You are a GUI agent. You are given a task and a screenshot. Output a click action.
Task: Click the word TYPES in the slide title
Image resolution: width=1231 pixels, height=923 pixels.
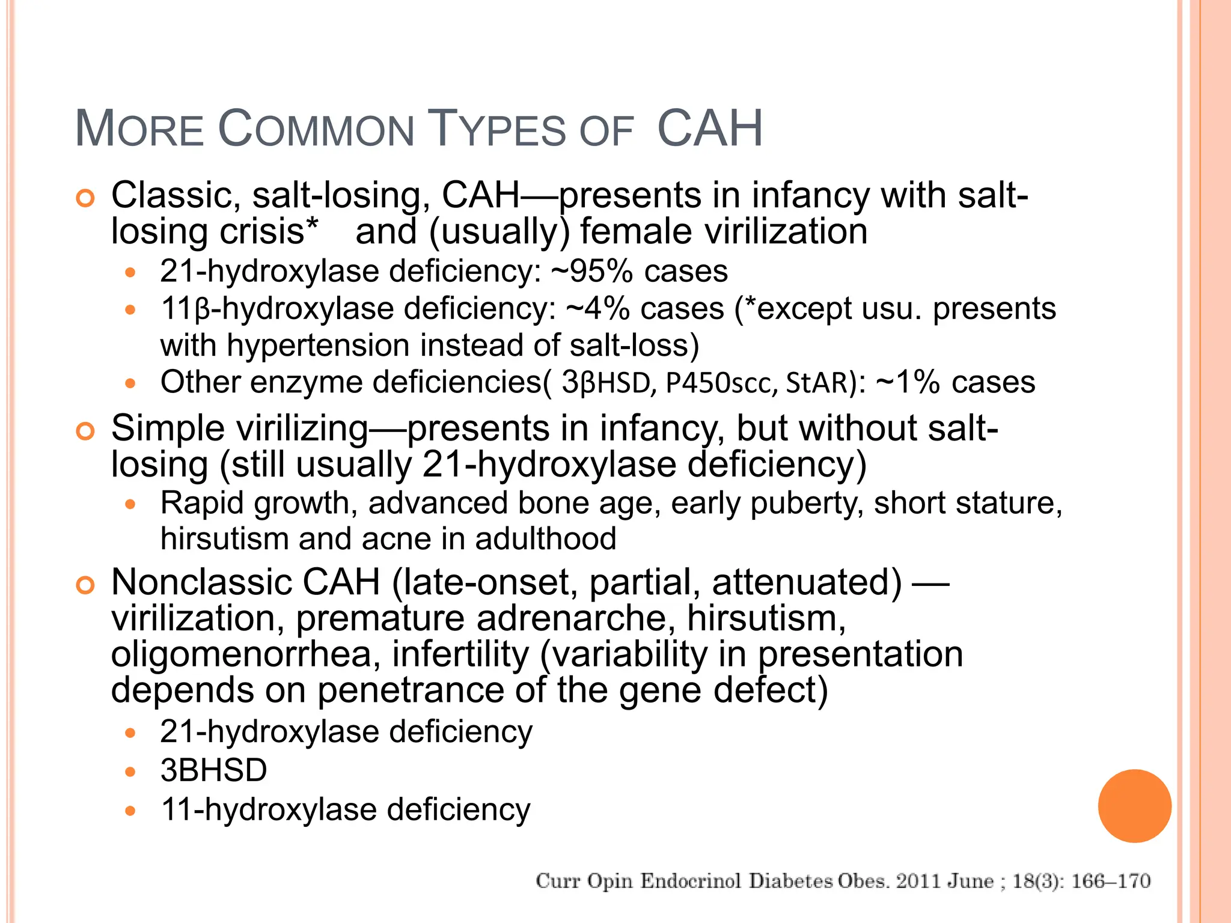[x=498, y=129]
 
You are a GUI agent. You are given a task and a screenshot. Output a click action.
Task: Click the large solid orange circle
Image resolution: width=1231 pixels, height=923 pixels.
[x=1134, y=806]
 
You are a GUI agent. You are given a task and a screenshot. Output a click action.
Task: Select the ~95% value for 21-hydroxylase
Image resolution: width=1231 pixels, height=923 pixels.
[x=591, y=271]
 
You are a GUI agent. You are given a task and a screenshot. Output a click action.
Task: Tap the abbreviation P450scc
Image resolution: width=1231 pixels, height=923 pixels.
[x=718, y=383]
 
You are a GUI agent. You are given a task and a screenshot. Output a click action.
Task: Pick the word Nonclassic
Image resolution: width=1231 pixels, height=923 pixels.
[x=201, y=582]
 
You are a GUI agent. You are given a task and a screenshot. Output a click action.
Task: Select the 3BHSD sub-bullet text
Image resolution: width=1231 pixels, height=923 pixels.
[x=213, y=770]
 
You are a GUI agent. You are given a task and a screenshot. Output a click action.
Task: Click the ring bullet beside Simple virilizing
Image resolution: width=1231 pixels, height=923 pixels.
[x=86, y=431]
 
